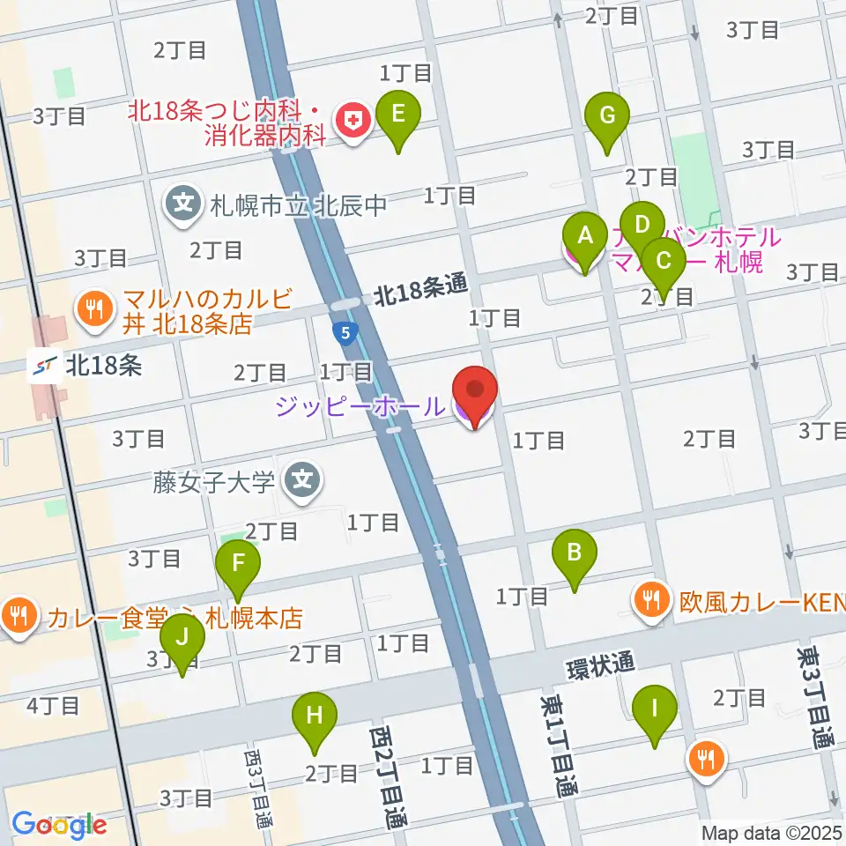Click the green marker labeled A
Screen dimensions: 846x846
pos(583,236)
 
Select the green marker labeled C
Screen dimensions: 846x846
pos(665,261)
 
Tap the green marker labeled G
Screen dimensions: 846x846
pos(607,115)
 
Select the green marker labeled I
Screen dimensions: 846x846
pos(655,709)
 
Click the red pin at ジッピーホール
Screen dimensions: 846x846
pos(475,390)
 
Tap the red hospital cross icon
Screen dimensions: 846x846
pos(354,123)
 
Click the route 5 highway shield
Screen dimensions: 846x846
pos(346,333)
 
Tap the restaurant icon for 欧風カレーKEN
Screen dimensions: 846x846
pos(652,603)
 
